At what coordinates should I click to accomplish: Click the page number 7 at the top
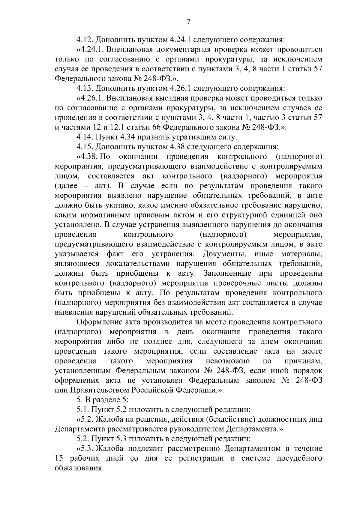pos(189,21)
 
